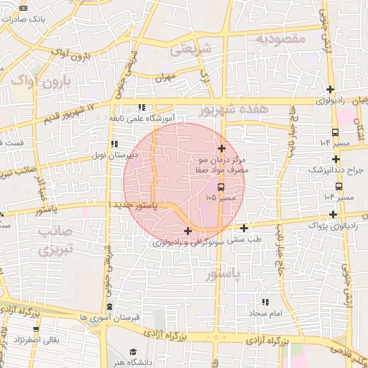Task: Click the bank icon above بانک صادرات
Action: pos(24,8)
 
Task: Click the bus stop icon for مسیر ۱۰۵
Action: pos(220,187)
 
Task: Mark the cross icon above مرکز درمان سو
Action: pos(221,147)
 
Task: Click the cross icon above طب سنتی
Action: pos(244,228)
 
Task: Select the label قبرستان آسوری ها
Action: pos(109,316)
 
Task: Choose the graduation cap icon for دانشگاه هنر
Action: pos(134,351)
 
